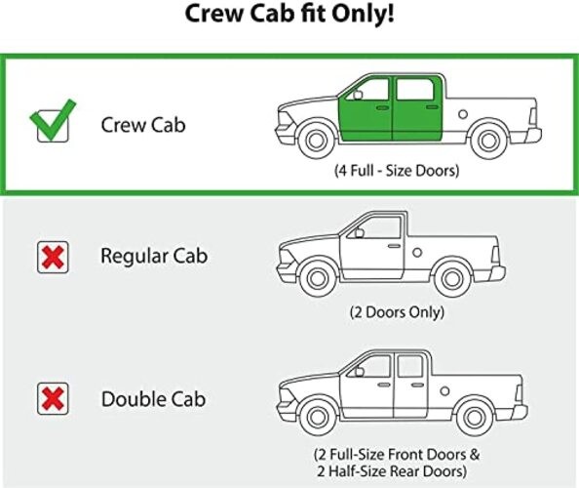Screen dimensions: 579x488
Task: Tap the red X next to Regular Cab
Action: [53, 258]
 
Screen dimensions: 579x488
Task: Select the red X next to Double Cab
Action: [53, 398]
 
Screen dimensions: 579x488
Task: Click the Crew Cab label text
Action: [143, 125]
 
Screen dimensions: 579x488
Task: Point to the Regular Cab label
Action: [154, 256]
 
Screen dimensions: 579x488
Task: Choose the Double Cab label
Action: [153, 399]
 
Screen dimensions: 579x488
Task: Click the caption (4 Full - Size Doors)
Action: [397, 171]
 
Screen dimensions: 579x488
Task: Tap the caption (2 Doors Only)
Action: [397, 312]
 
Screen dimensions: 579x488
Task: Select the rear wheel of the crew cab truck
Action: [488, 141]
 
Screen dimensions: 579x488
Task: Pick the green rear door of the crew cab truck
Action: [417, 108]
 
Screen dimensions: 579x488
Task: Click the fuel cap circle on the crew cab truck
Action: [463, 114]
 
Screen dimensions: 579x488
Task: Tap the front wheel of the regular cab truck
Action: [318, 278]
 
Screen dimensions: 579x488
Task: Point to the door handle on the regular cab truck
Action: [394, 246]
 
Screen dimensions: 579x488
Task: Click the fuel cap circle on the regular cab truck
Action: [417, 253]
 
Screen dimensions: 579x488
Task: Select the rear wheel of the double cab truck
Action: [474, 418]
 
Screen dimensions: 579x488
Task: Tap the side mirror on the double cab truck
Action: [360, 371]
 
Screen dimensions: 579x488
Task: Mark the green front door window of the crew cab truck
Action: [369, 90]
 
